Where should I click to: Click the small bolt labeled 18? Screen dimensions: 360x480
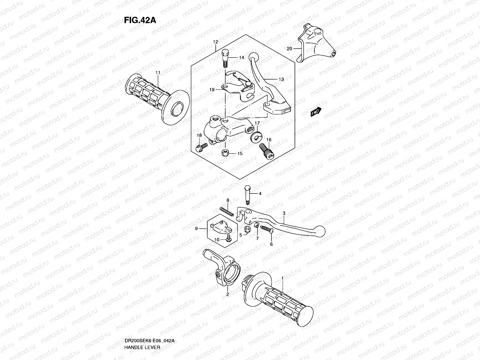[x=202, y=147]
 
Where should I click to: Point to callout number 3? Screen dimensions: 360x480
[x=284, y=213]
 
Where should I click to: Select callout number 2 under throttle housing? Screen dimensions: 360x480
[x=227, y=294]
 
